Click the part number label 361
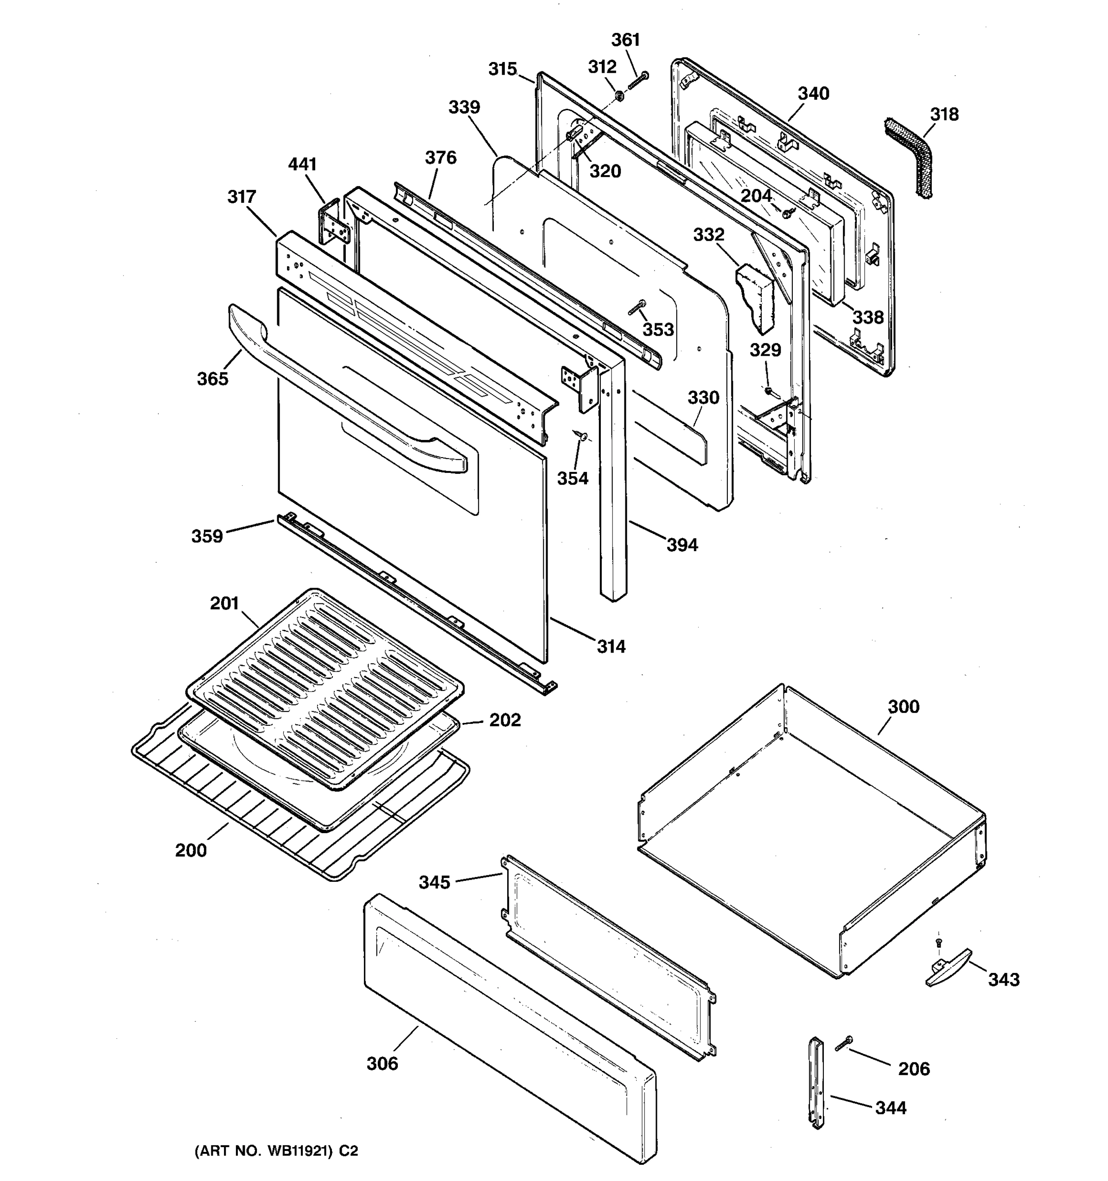point(625,40)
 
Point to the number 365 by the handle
point(212,378)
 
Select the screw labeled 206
point(844,1043)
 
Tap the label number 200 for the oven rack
point(191,850)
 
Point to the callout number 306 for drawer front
point(382,1063)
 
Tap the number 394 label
point(682,544)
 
